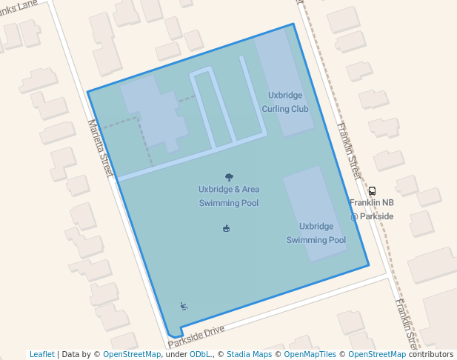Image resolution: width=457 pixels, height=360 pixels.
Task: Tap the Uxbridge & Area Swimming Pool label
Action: (228, 196)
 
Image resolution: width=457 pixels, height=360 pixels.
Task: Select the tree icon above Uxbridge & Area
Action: (228, 177)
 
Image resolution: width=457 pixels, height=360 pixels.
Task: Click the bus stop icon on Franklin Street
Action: (372, 191)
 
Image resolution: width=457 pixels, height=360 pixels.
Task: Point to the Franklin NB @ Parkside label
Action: (372, 209)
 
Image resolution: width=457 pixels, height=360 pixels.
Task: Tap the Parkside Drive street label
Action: (196, 336)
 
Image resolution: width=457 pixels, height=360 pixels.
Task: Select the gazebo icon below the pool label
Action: (226, 228)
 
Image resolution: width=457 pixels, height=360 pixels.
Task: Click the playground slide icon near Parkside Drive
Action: (184, 307)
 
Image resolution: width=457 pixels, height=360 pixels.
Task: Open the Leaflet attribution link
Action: (42, 354)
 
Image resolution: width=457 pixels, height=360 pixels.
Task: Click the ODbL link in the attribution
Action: (201, 354)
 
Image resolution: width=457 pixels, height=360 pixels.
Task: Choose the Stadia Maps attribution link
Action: (249, 354)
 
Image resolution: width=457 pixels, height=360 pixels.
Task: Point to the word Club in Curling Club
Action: (299, 109)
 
